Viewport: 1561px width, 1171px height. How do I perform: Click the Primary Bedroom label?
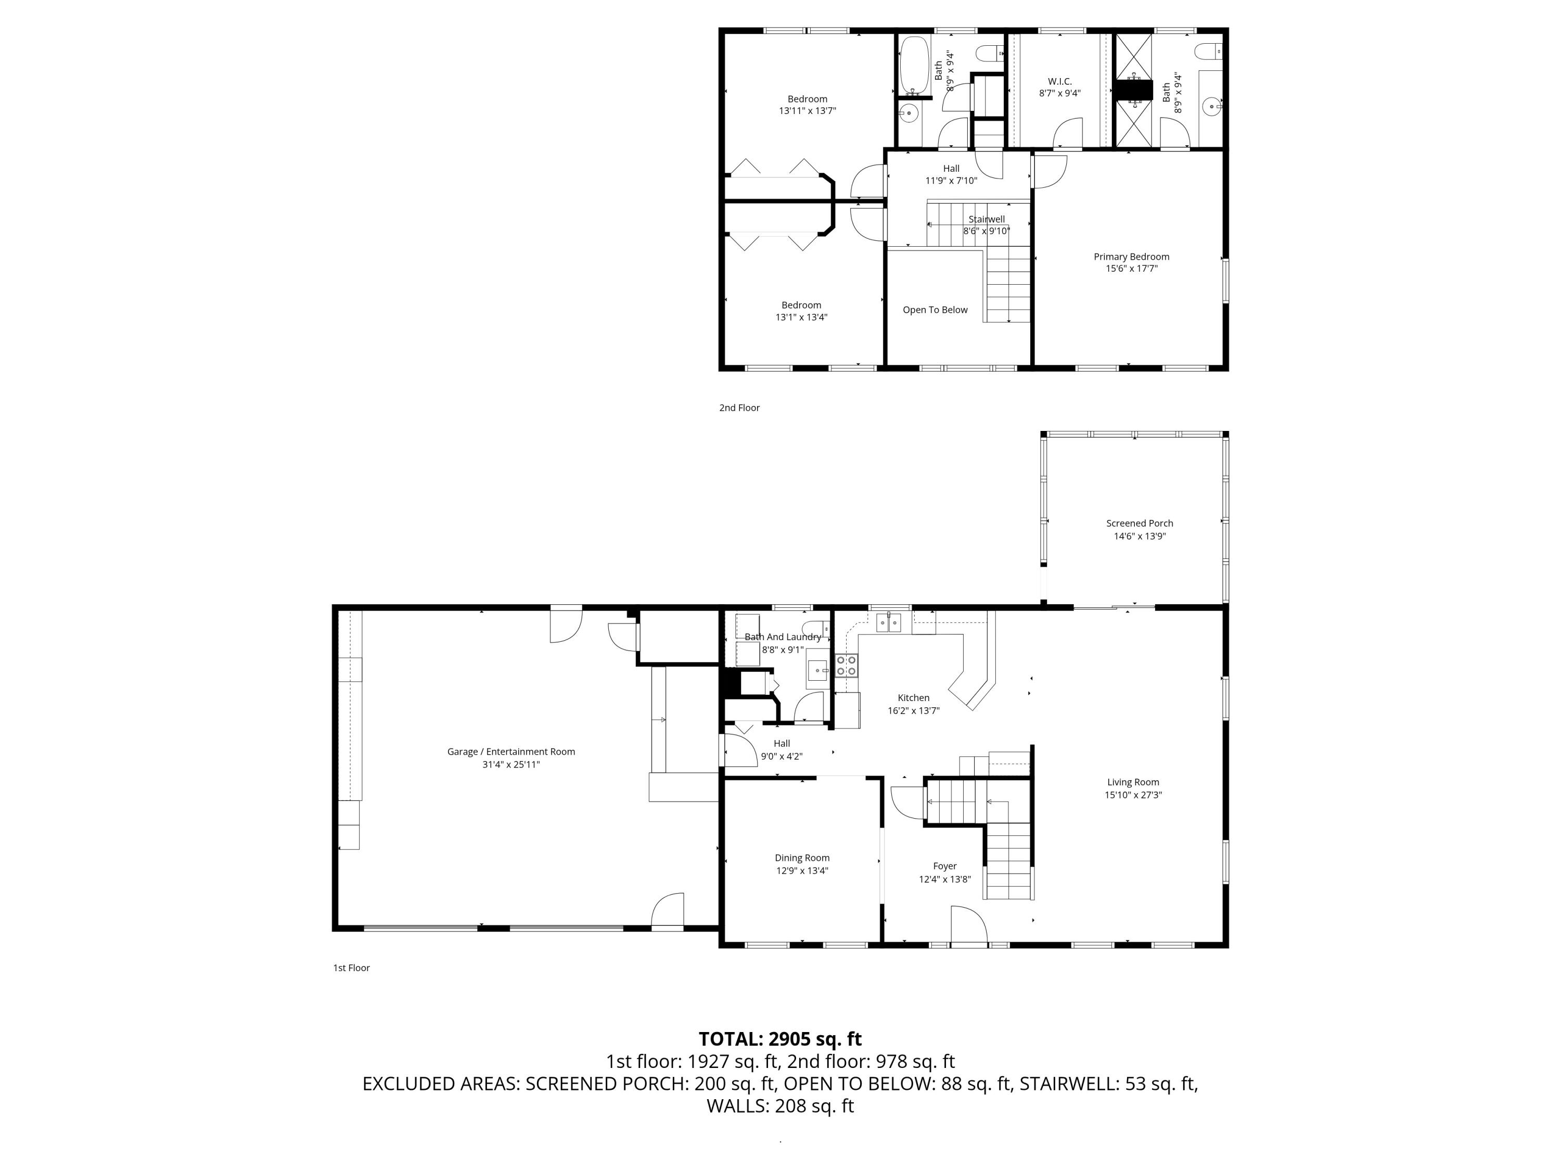pyautogui.click(x=1131, y=257)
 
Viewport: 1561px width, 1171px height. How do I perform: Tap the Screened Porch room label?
pyautogui.click(x=1139, y=523)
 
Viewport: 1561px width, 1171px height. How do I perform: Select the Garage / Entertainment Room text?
pyautogui.click(x=511, y=752)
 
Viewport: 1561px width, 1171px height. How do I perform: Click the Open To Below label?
pyautogui.click(x=935, y=310)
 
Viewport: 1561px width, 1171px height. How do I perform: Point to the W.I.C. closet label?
pyautogui.click(x=1059, y=82)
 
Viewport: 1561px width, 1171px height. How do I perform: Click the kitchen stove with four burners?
pyautogui.click(x=846, y=665)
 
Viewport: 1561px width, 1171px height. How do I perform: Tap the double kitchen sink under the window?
pyautogui.click(x=889, y=622)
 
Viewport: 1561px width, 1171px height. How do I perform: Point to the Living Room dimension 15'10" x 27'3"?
pyautogui.click(x=1133, y=795)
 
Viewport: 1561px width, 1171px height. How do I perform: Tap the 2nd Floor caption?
pyautogui.click(x=739, y=408)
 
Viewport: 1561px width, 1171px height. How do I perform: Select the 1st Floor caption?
pyautogui.click(x=351, y=968)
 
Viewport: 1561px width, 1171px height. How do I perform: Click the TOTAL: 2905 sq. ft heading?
pyautogui.click(x=780, y=1039)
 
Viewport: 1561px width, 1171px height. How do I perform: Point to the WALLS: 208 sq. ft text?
pyautogui.click(x=780, y=1106)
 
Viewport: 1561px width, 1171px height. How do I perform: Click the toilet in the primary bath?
pyautogui.click(x=1208, y=52)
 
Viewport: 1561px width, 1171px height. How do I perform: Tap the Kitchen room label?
pyautogui.click(x=913, y=698)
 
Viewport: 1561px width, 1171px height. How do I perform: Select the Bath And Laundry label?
pyautogui.click(x=783, y=637)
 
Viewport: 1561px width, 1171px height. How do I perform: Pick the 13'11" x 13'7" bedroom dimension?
pyautogui.click(x=808, y=111)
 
